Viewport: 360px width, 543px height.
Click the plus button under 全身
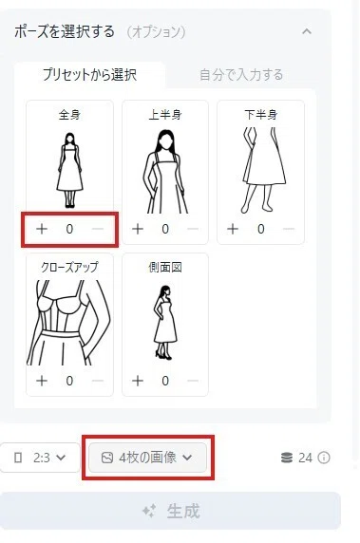coord(42,229)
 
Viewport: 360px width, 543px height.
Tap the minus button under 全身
coord(98,229)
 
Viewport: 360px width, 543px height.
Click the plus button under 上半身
coord(138,229)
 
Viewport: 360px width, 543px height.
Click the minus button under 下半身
coord(288,229)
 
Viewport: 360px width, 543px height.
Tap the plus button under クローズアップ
coord(42,381)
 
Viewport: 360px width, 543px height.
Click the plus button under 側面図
coord(138,381)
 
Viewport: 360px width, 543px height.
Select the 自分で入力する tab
coord(241,75)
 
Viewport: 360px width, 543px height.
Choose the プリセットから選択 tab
coord(89,75)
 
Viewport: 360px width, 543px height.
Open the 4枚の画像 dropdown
coord(147,458)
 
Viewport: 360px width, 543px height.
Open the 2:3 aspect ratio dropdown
coord(40,458)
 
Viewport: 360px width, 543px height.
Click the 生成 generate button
coord(170,511)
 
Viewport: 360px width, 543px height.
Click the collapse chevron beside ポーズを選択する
coord(307,31)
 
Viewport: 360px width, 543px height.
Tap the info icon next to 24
coord(324,458)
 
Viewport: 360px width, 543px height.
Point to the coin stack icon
coord(287,458)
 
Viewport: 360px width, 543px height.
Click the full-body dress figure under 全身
coord(69,170)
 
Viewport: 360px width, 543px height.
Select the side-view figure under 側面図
coord(165,323)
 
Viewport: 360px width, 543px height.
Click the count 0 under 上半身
coord(165,229)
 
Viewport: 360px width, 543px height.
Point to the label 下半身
coord(261,115)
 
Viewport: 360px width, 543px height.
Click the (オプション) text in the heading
coord(156,32)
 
